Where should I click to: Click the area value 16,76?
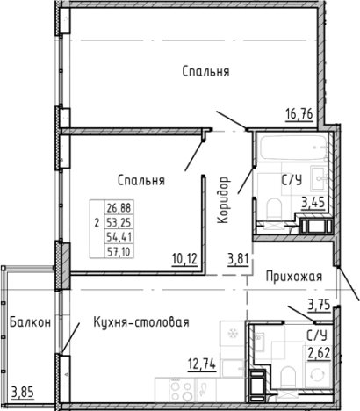[x=302, y=112]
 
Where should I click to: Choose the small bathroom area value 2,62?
[x=318, y=354]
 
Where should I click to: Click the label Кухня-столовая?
[x=141, y=322]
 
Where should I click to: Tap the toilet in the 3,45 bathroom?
[x=274, y=209]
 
